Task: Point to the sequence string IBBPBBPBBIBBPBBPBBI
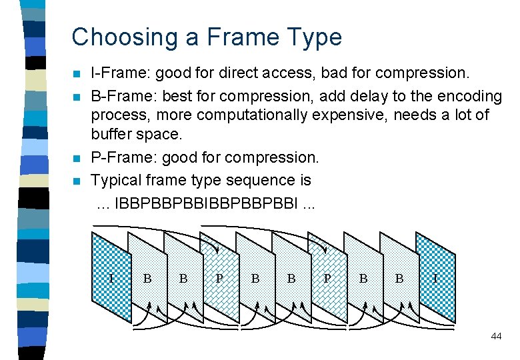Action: [207, 203]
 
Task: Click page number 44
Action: [495, 337]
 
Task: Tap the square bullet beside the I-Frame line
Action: [77, 73]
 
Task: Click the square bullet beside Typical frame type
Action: [77, 181]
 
